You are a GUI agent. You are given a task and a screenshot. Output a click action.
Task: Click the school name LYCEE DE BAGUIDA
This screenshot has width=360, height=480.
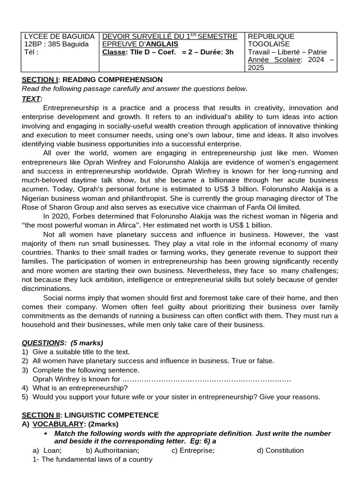[x=59, y=37]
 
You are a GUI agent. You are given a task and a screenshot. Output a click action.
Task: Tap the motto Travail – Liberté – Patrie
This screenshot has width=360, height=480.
[x=287, y=52]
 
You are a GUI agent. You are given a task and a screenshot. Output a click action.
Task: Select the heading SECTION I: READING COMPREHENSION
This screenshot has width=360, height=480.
[x=92, y=80]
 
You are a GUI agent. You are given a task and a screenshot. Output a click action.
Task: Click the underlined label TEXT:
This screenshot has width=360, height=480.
[x=32, y=98]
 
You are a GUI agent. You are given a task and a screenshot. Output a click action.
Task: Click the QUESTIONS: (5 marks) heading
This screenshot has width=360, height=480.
[x=62, y=343]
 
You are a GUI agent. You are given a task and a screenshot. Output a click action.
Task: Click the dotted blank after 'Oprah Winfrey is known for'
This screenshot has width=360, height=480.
[x=206, y=379]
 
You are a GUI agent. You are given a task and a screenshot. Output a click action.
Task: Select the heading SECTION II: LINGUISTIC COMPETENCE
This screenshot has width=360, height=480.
[x=90, y=415]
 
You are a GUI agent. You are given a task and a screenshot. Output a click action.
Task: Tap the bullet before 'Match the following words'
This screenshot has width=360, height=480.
[x=46, y=433]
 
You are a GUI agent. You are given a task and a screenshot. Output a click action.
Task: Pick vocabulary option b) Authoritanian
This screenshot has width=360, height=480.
[x=112, y=450]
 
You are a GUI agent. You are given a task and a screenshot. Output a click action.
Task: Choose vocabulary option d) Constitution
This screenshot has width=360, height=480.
[x=280, y=450]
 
